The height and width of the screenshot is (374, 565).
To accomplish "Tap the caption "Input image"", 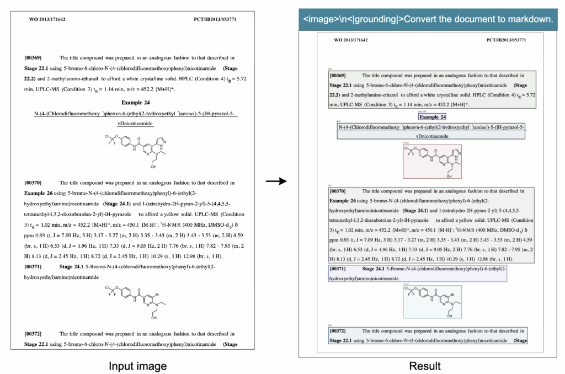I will click(x=137, y=366).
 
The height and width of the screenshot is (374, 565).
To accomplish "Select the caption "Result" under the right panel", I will click(x=425, y=366).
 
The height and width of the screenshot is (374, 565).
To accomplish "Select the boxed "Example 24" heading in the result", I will click(x=433, y=117).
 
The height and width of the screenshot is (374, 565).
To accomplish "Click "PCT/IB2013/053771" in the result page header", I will click(x=506, y=40).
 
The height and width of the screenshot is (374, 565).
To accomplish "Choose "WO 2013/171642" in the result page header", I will click(x=351, y=40).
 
